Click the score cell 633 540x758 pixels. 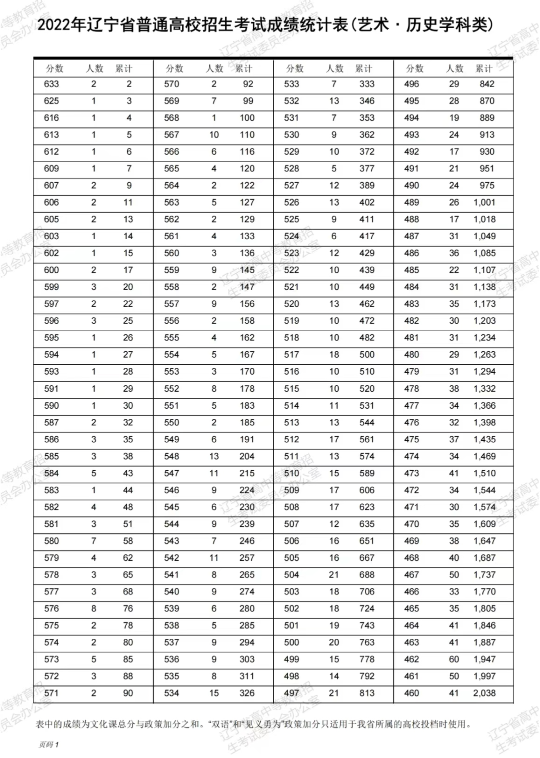point(51,84)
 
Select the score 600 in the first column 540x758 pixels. point(51,270)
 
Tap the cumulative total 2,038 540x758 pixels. point(484,693)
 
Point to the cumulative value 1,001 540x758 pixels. point(484,203)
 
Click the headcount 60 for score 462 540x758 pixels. point(454,659)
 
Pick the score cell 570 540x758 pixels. point(171,84)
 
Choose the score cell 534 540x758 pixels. point(171,693)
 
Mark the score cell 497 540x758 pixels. point(291,693)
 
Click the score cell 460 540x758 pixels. point(411,693)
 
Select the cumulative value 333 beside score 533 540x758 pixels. point(367,84)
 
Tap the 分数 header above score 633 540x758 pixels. point(54,69)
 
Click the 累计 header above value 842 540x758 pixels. point(484,69)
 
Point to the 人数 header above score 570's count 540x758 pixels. point(214,69)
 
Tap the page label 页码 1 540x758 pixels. point(48,744)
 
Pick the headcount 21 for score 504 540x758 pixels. point(334,575)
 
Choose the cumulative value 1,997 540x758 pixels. point(484,676)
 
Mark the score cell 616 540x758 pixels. point(51,118)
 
